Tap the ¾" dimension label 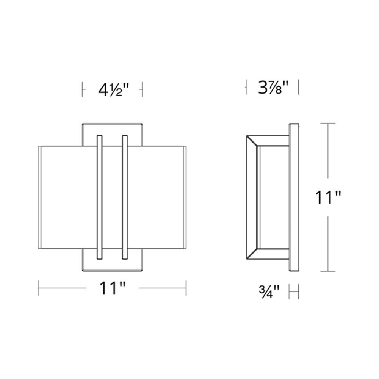pos(269,292)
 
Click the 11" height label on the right pos(329,197)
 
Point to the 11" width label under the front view pos(112,288)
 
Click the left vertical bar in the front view pos(100,197)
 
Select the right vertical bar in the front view pos(124,197)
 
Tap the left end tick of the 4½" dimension pos(83,90)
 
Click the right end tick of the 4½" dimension pos(141,90)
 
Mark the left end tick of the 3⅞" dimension pos(246,88)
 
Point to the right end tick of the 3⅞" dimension pos(299,88)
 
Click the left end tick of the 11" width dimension pos(39,288)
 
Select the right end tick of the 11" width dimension pos(186,288)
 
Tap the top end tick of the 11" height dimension pos(328,124)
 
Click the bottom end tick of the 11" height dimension pos(328,271)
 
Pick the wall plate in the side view pos(293,197)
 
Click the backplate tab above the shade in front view pos(112,133)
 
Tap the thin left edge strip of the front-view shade pos(40,197)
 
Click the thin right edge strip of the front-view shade pos(185,197)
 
